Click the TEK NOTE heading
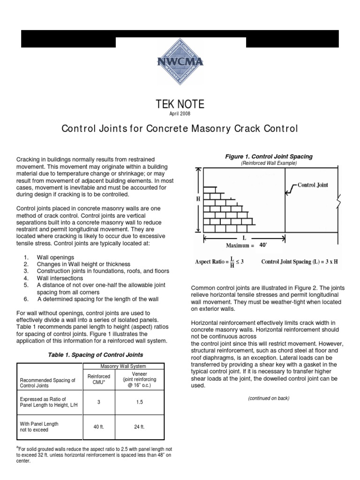[x=180, y=104]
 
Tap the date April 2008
[x=180, y=113]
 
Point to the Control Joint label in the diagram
[x=313, y=185]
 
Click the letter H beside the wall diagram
[x=197, y=199]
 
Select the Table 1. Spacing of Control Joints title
[x=96, y=354]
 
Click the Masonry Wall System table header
[x=124, y=366]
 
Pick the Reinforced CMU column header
[x=99, y=379]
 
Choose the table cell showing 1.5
[x=140, y=402]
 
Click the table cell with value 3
[x=99, y=402]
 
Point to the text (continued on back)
[x=269, y=398]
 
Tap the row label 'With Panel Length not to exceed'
[x=40, y=426]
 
